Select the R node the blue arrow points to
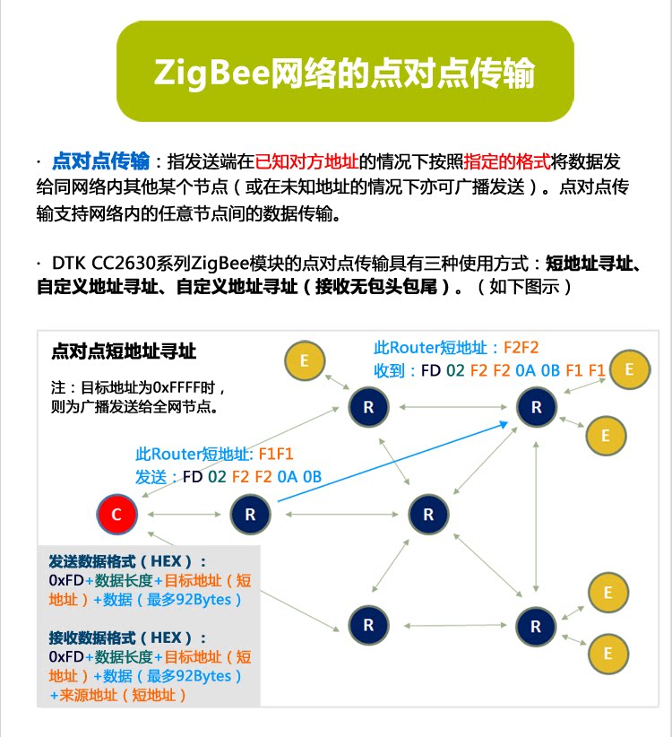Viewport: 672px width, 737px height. pos(536,407)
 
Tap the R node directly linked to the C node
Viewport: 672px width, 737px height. pos(249,515)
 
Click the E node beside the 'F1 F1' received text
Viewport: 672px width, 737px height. pos(630,369)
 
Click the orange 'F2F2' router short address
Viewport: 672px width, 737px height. pos(521,348)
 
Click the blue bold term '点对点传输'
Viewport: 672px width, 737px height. pos(101,162)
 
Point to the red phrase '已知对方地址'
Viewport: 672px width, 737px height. pos(306,162)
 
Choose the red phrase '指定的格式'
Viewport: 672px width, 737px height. pos(506,162)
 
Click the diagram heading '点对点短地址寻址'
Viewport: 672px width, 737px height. pos(124,351)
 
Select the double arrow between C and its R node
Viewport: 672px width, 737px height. pos(183,515)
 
